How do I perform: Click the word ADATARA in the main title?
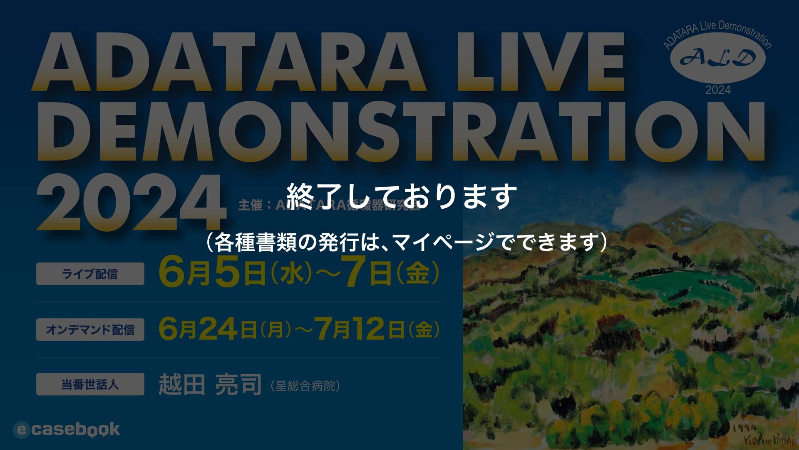[229, 62]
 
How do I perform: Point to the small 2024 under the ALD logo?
[718, 90]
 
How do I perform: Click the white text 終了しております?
[402, 196]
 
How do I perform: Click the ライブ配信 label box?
[90, 274]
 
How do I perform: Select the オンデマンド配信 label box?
[90, 330]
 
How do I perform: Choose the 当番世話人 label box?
[90, 384]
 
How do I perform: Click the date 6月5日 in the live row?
[212, 274]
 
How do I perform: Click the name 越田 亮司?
[210, 385]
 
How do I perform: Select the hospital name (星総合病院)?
[305, 386]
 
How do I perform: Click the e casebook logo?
[67, 430]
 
